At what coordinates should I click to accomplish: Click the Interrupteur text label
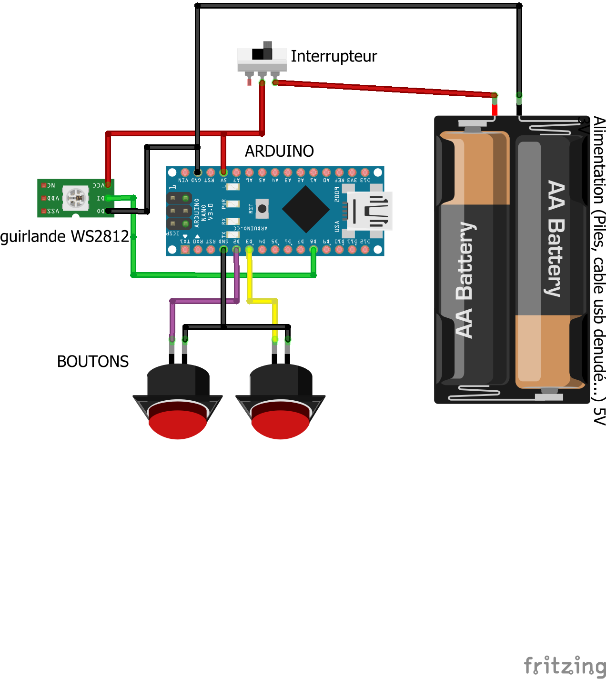point(333,56)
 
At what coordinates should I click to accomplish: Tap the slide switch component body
point(262,59)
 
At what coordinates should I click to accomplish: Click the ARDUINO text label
point(279,151)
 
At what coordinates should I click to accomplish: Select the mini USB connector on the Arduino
point(370,211)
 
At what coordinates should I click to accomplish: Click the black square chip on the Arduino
point(305,209)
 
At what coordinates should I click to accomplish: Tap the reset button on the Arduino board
point(262,208)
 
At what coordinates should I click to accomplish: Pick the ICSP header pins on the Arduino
point(179,211)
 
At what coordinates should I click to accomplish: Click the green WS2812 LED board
point(75,198)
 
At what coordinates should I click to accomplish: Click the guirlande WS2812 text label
point(64,236)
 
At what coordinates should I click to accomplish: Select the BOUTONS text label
point(93,362)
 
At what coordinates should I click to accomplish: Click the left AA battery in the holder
point(473,257)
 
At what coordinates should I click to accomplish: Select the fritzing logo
point(565,665)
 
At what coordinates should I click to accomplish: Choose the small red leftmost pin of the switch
point(249,82)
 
